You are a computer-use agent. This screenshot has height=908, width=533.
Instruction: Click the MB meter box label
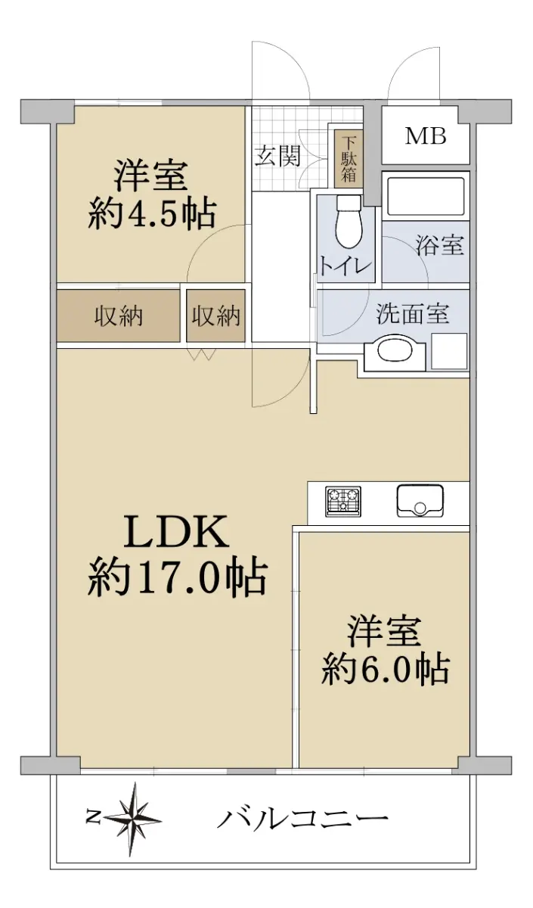(x=426, y=136)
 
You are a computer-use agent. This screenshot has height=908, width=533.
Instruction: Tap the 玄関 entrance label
(x=278, y=156)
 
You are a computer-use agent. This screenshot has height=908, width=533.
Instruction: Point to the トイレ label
(x=345, y=266)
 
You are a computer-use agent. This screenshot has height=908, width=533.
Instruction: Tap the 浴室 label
(x=440, y=245)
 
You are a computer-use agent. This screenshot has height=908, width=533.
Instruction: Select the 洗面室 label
(x=413, y=314)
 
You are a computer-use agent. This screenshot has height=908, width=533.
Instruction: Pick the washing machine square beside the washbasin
(x=449, y=351)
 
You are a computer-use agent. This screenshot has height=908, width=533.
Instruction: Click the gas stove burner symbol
(x=343, y=502)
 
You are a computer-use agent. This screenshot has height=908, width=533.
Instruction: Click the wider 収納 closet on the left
(x=118, y=316)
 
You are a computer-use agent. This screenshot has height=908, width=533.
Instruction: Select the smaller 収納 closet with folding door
(x=216, y=316)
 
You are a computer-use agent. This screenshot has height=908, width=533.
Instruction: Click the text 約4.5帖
(x=151, y=213)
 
